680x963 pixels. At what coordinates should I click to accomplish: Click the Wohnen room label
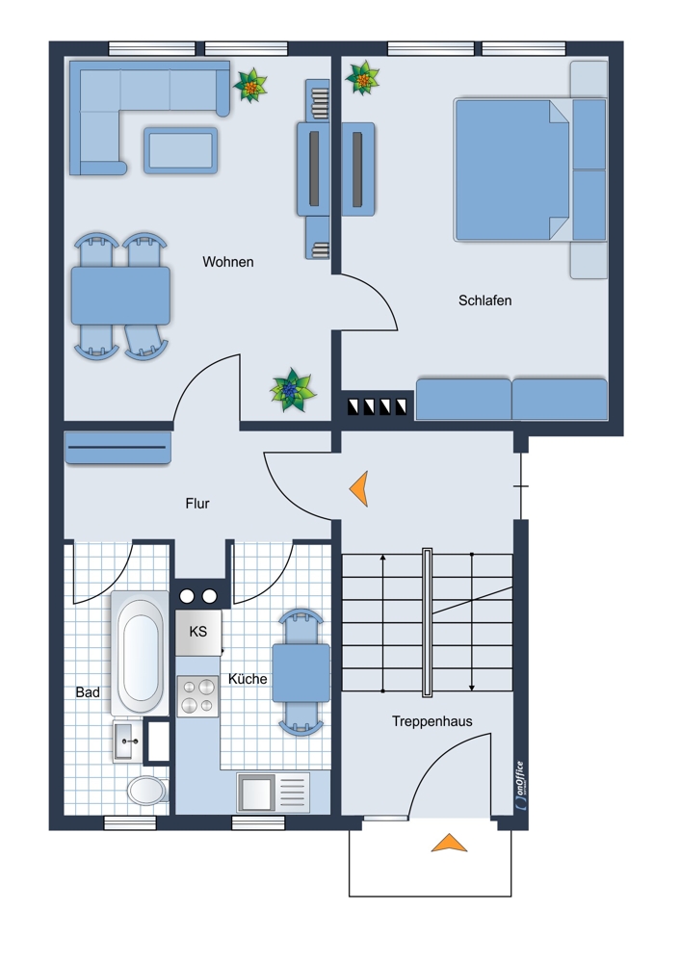tap(228, 262)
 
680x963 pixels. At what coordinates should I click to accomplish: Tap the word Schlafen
tap(484, 300)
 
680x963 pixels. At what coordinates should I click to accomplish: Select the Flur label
tap(197, 504)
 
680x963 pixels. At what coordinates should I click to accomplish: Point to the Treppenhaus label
tap(432, 721)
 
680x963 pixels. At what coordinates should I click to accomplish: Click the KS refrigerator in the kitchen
tap(197, 632)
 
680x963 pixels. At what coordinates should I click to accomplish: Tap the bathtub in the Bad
tap(140, 654)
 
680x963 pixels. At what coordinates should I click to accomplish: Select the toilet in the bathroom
tap(146, 791)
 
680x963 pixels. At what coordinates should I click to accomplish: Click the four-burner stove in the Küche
tap(197, 696)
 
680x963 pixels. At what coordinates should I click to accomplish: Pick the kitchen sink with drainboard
tap(273, 793)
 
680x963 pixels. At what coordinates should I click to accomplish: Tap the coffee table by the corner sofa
tap(181, 150)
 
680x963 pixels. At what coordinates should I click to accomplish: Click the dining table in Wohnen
tap(120, 296)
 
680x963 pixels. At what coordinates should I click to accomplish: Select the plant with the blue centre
tap(293, 391)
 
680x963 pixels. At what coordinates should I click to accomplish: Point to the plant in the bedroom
tap(362, 78)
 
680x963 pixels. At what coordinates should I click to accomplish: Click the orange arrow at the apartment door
tap(359, 488)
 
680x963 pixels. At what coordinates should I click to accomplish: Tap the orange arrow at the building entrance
tap(449, 844)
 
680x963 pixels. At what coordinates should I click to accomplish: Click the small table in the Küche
tap(301, 672)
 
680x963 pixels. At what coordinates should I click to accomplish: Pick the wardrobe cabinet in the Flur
tap(118, 447)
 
